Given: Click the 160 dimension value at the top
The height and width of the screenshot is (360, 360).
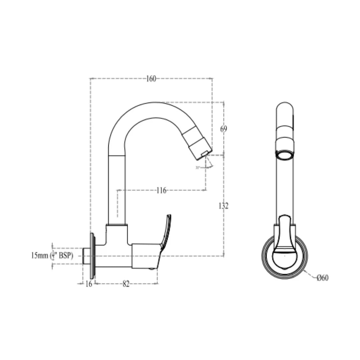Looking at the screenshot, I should [x=151, y=79].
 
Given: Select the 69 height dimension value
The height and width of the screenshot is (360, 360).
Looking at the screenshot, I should [x=224, y=129].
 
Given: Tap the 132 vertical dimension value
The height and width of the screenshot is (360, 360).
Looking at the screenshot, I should [x=224, y=206].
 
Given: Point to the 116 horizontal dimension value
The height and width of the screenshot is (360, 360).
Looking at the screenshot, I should [x=161, y=191].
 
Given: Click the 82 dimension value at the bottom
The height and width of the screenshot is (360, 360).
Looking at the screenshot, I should [x=126, y=284].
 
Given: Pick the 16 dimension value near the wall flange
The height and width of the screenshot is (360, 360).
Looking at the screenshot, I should [x=89, y=284].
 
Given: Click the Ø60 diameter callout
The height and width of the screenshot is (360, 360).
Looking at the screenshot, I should [x=322, y=278].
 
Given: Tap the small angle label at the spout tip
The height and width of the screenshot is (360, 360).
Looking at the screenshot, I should [x=198, y=167].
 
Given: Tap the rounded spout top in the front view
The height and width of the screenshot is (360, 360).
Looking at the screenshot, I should [x=285, y=108].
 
